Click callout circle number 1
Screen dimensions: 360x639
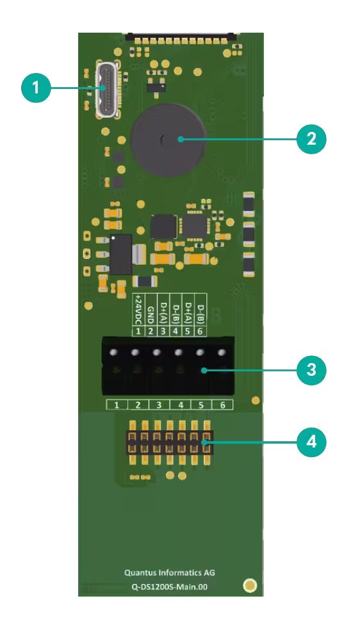tap(37, 88)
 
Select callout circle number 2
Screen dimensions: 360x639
tap(311, 140)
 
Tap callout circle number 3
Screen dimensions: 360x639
tap(311, 371)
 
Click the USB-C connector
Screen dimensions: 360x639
tap(108, 89)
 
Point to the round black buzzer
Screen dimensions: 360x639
tap(168, 139)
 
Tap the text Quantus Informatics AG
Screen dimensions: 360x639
tap(169, 572)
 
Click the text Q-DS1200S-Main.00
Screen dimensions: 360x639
tap(169, 587)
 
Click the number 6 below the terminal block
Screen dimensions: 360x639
tap(223, 405)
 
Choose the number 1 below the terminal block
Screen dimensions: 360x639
tap(117, 405)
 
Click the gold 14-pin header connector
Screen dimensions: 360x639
tap(170, 442)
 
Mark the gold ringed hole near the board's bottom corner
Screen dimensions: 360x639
tap(250, 586)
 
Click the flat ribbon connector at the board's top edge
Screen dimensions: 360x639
tap(181, 38)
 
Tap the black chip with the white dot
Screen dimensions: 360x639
tap(120, 254)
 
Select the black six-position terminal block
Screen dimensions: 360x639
tap(168, 366)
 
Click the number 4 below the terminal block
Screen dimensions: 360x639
tap(180, 405)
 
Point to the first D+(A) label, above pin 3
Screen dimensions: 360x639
tap(163, 313)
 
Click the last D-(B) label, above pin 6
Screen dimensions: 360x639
tap(200, 313)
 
